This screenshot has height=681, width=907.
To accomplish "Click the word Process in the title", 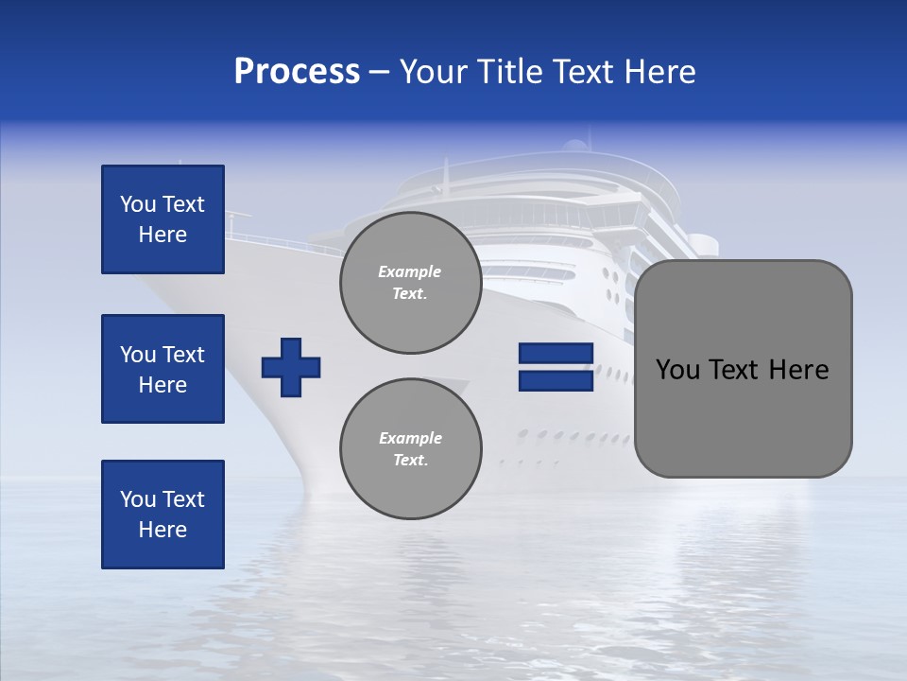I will [x=297, y=72].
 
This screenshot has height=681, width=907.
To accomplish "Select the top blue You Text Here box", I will [x=163, y=219].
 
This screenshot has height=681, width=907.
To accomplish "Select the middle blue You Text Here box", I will [x=163, y=369].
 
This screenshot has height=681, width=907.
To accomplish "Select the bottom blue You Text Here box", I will [x=163, y=515].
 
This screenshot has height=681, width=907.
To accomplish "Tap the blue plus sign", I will [x=291, y=367].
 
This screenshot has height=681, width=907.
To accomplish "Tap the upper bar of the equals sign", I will [x=556, y=354].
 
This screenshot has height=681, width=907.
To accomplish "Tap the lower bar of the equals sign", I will [x=556, y=381].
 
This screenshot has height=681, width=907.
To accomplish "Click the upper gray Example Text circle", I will [x=410, y=283].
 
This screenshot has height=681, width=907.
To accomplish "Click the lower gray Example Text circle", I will [x=410, y=449].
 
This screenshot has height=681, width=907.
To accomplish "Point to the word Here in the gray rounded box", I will [x=798, y=370].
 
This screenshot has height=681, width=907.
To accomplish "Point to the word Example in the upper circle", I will [x=410, y=271].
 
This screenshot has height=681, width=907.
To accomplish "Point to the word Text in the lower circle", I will [x=410, y=461].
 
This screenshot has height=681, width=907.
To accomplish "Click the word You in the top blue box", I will [x=138, y=204].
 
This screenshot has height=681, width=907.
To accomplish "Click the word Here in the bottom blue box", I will [x=163, y=530].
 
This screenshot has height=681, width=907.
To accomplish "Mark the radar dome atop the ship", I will [x=574, y=146].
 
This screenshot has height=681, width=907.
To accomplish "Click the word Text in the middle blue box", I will [x=182, y=355].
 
